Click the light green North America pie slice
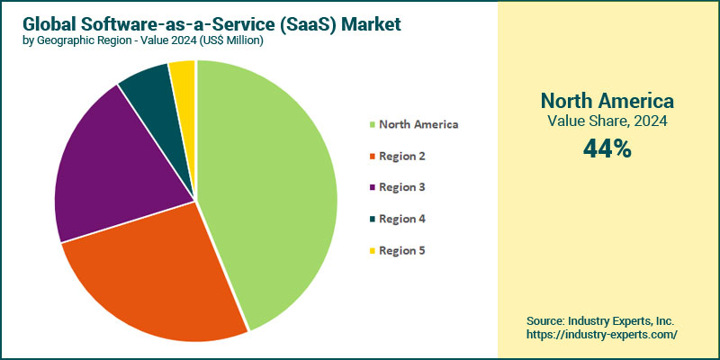[x=270, y=189]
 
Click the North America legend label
[x=418, y=124]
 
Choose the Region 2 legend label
[x=402, y=156]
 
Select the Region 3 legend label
[x=402, y=187]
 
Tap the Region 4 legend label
[x=402, y=219]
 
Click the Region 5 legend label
[x=402, y=250]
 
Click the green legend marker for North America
[x=372, y=125]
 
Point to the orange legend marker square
[x=372, y=157]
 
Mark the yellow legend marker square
[x=372, y=251]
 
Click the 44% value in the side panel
[x=607, y=149]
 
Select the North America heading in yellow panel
[x=607, y=100]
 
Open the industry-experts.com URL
[x=601, y=335]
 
